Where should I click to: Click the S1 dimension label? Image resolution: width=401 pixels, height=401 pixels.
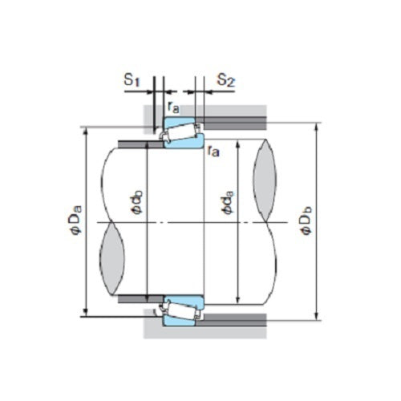[x=132, y=80]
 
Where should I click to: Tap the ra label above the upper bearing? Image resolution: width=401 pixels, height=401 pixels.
[x=173, y=106]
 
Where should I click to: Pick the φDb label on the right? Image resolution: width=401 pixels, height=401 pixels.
[x=306, y=221]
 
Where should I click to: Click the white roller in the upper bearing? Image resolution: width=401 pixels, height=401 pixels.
[x=181, y=133]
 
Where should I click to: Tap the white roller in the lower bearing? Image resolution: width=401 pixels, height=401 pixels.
[x=181, y=308]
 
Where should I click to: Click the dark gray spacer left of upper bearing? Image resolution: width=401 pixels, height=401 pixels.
[x=136, y=144]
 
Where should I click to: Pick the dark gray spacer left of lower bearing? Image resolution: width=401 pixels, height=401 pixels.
[x=136, y=299]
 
